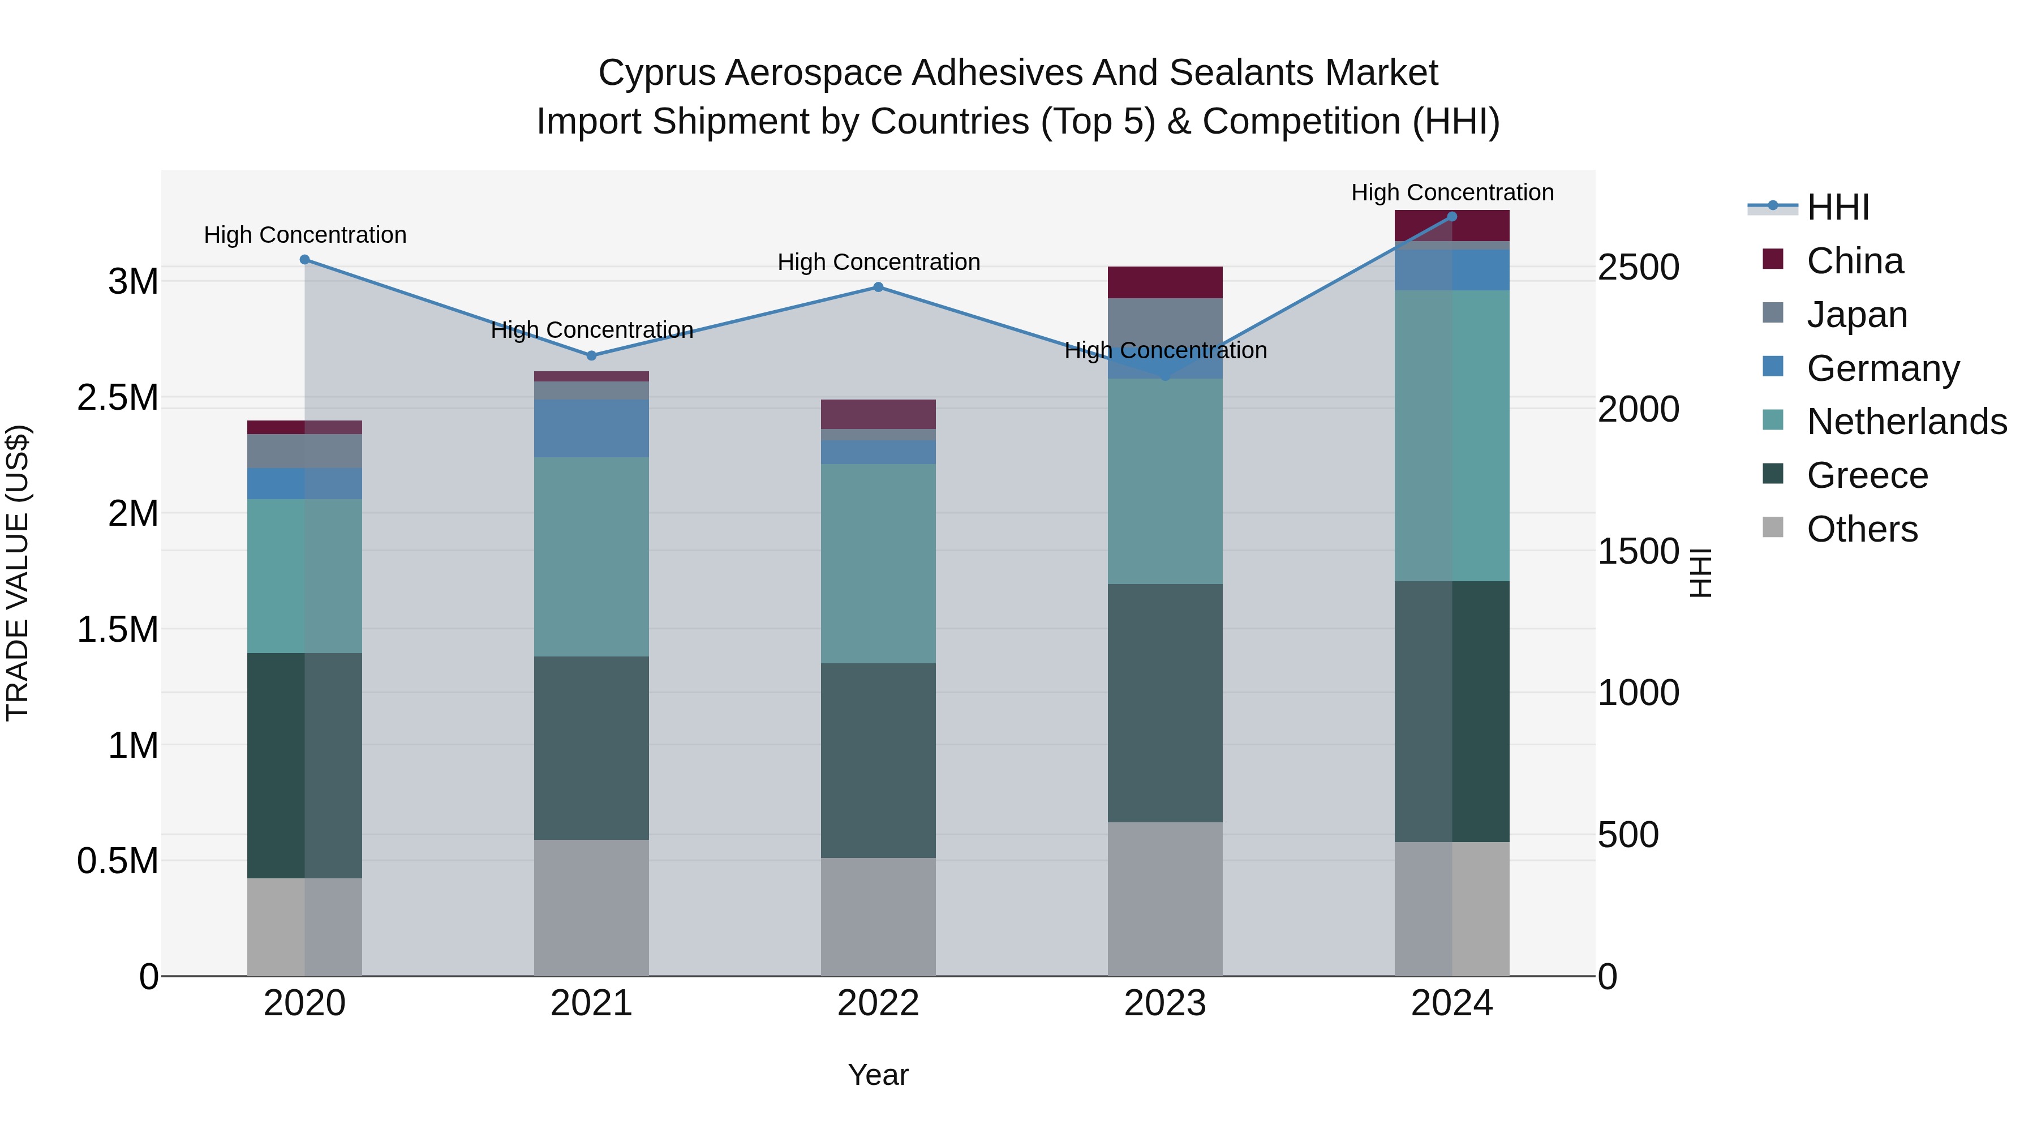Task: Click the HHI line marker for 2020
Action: point(304,259)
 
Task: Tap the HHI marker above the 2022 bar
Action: point(878,287)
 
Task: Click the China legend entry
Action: point(1854,261)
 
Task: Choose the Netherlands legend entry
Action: point(1906,422)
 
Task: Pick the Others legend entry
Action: point(1862,529)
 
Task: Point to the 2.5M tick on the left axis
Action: point(117,398)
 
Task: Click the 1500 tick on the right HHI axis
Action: point(1638,551)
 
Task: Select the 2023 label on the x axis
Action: point(1165,1003)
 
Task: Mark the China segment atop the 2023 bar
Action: point(1165,282)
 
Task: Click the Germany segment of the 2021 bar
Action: point(591,428)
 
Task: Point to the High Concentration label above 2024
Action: point(1452,192)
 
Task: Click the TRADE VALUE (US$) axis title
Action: point(18,573)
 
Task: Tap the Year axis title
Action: point(878,1075)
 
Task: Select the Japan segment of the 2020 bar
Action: point(304,451)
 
